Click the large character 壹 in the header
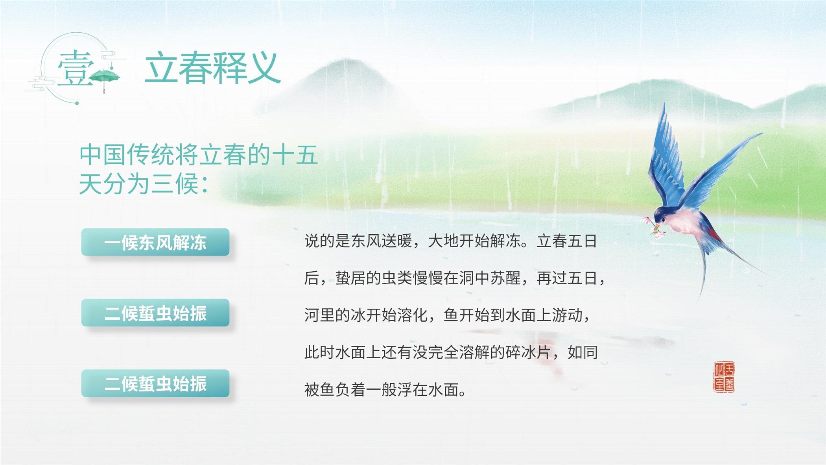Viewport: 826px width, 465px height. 76,67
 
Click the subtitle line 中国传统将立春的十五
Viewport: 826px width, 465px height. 198,155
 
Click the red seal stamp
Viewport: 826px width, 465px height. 724,377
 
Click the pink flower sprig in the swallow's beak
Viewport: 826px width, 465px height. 653,227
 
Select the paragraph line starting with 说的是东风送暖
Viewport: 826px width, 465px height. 451,241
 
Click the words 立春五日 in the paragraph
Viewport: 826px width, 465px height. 567,241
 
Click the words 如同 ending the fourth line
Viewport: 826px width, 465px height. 583,352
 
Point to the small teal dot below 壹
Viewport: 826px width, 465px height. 77,103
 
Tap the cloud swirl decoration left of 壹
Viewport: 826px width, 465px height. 39,83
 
